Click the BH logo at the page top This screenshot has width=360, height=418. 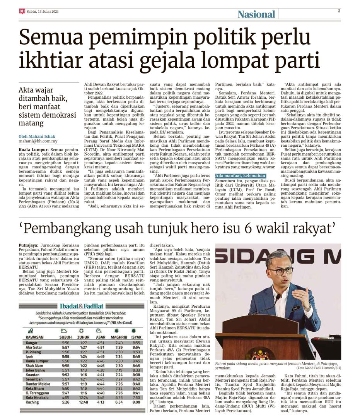(x=22, y=11)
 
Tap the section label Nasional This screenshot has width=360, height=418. (x=256, y=14)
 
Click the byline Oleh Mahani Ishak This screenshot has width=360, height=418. (x=37, y=136)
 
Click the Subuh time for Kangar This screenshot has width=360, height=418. (x=65, y=343)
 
